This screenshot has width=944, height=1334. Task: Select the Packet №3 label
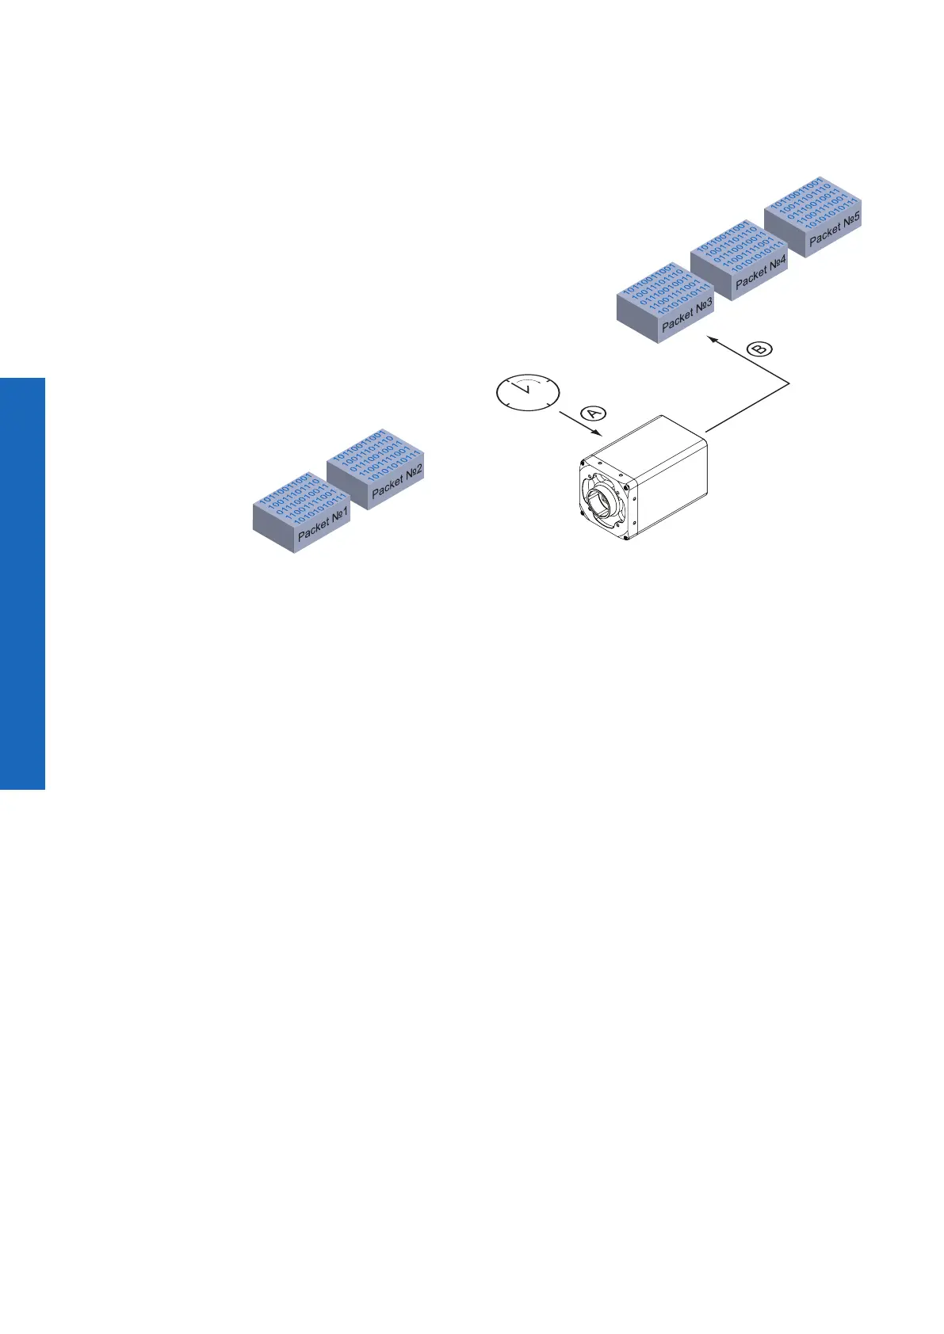(x=687, y=314)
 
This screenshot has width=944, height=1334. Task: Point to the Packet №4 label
(x=761, y=272)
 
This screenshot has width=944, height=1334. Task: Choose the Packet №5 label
(x=835, y=228)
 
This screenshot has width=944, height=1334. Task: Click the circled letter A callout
(x=593, y=413)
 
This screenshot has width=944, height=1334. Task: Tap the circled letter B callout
(x=760, y=349)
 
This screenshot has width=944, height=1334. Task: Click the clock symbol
(x=527, y=392)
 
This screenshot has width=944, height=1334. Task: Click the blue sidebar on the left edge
(x=22, y=583)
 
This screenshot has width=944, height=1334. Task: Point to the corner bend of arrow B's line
(x=790, y=384)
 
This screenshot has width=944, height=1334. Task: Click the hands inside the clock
(x=523, y=387)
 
